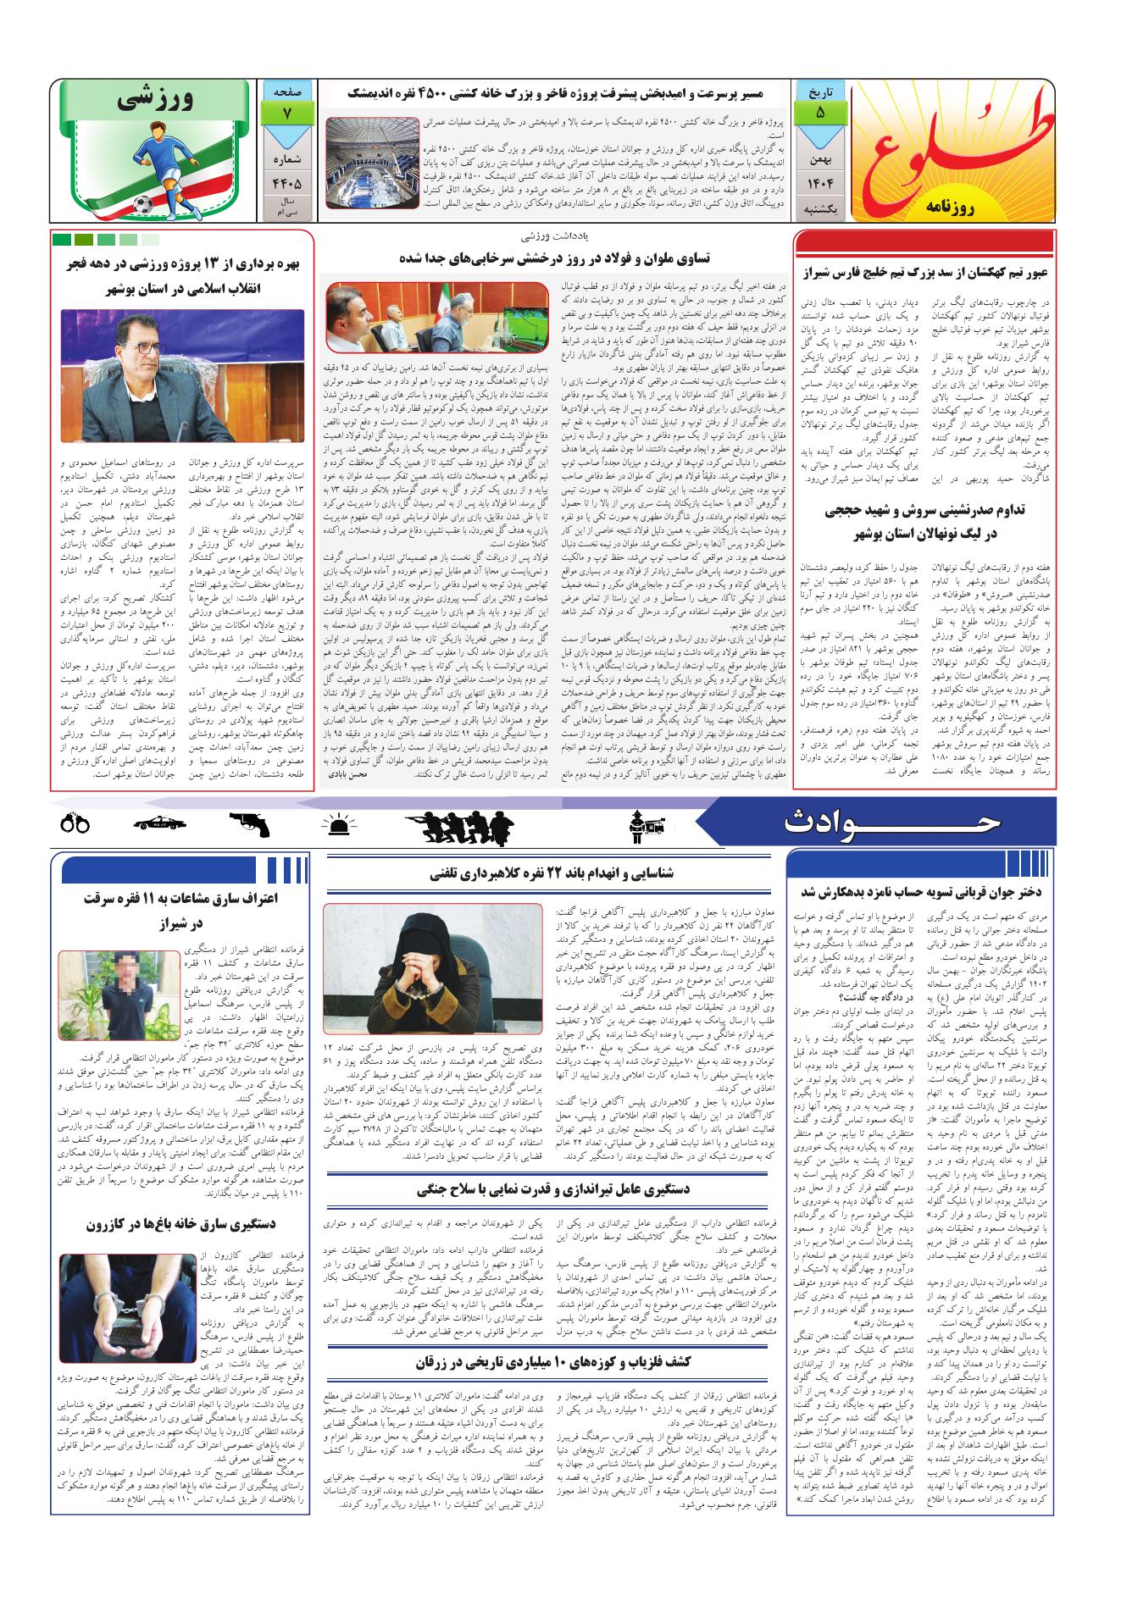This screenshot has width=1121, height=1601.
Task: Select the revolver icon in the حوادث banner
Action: coord(249,822)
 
